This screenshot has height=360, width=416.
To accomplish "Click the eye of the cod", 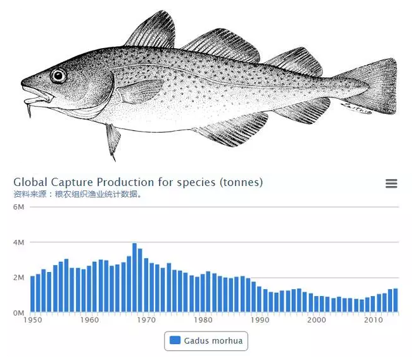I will (x=58, y=76).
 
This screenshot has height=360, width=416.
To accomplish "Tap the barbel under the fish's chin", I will (x=30, y=110).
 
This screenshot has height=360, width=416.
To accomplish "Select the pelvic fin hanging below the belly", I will (x=113, y=140).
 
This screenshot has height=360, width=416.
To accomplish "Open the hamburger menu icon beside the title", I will (x=391, y=183).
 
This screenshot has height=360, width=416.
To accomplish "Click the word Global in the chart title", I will (x=30, y=182).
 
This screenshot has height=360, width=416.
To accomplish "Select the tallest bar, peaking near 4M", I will (x=134, y=277).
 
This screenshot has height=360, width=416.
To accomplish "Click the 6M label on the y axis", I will (x=18, y=207).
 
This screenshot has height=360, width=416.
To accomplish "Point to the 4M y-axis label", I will (x=18, y=242).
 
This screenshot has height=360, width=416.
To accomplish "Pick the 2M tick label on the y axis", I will (x=18, y=277).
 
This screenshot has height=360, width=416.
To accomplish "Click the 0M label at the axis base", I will (x=18, y=313).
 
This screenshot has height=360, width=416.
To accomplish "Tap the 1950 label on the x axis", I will (x=32, y=320).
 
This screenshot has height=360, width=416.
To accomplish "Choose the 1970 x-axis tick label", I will (x=146, y=320).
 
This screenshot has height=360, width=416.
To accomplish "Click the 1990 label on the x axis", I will (x=260, y=320).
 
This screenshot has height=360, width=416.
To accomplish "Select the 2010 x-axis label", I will (x=374, y=320).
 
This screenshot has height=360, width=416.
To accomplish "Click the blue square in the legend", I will (x=175, y=341).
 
